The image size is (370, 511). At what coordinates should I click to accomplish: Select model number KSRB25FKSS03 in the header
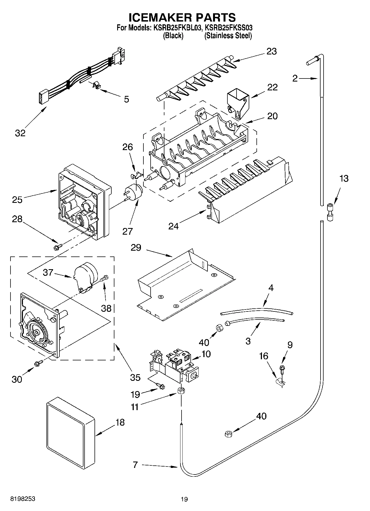coord(229,28)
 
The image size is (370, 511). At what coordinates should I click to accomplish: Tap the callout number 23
coord(271,51)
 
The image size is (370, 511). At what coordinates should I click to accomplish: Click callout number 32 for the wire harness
coord(20,133)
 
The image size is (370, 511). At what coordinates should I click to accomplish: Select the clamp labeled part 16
coord(280,382)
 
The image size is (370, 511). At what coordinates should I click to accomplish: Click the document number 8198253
coord(23,499)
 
